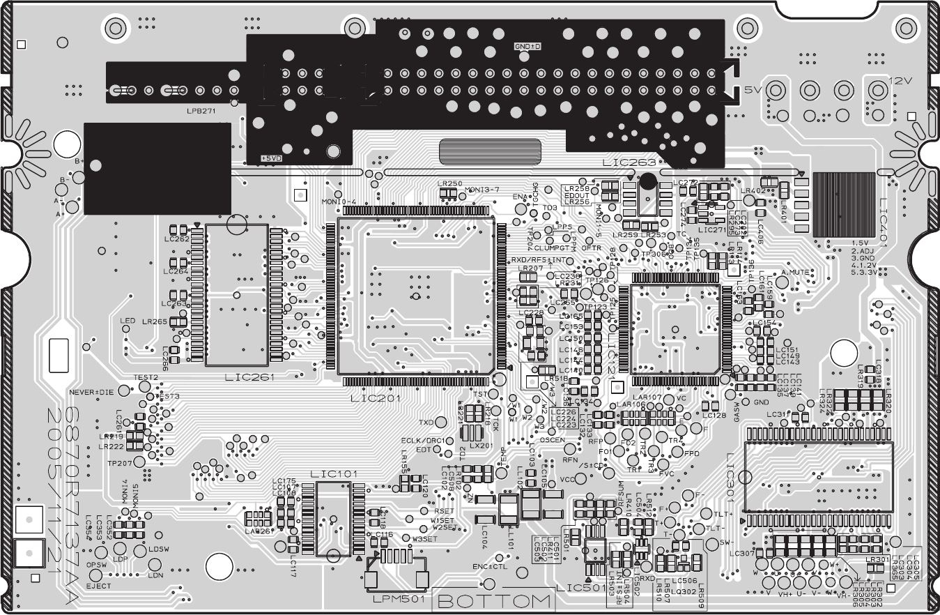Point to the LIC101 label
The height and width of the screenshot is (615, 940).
[x=334, y=474]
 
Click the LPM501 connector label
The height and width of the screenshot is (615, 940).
[x=396, y=599]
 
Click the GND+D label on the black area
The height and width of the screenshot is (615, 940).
[x=527, y=46]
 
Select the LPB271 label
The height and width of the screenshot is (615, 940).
[x=201, y=111]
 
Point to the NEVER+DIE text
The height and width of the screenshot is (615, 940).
[x=91, y=392]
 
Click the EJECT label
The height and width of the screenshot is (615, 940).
[x=98, y=586]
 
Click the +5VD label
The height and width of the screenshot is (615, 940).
[x=272, y=158]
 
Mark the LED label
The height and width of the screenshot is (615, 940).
[x=127, y=321]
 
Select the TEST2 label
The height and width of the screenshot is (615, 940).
[x=146, y=377]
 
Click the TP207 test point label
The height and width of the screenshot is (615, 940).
[x=119, y=463]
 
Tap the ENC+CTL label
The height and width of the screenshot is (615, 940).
[x=490, y=566]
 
